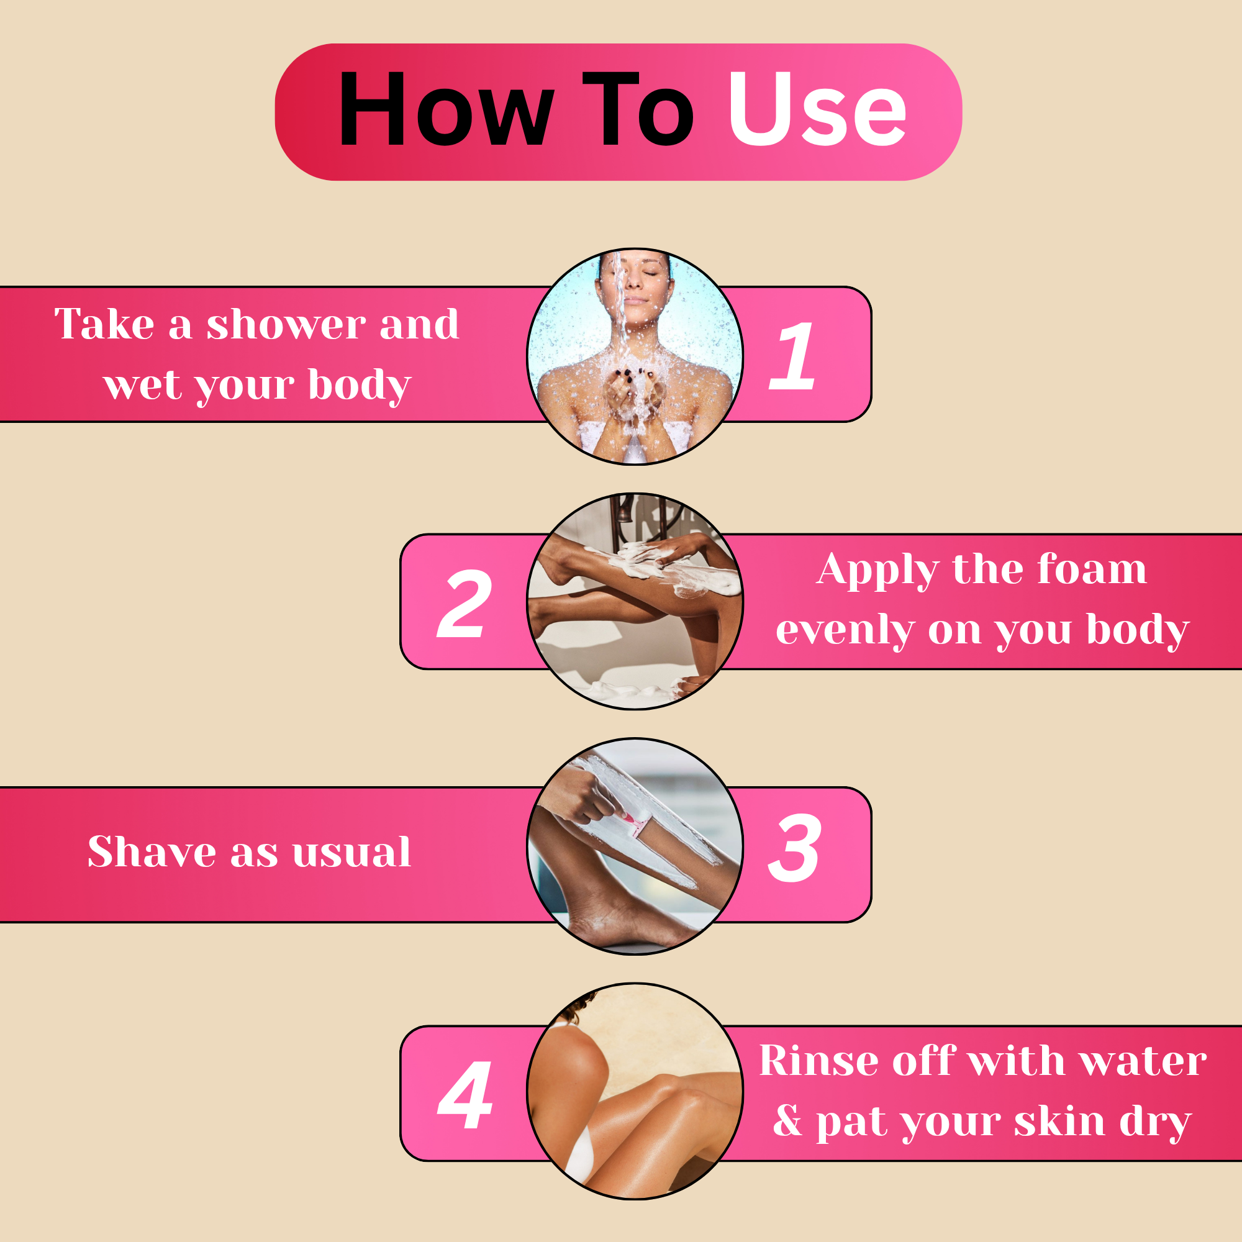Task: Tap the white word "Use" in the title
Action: pyautogui.click(x=817, y=109)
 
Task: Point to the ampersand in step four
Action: pyautogui.click(x=787, y=1120)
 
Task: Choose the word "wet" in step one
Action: pyautogui.click(x=143, y=385)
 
